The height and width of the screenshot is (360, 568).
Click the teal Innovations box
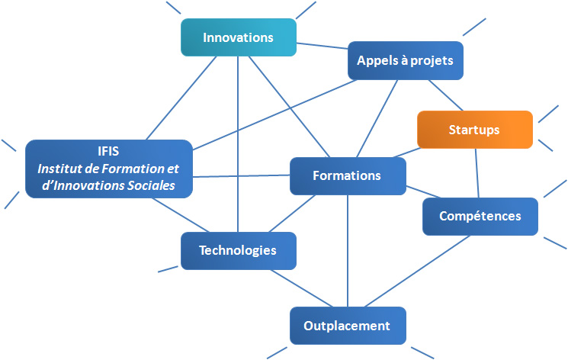coord(238,37)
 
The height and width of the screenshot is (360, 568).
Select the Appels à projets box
coord(405,60)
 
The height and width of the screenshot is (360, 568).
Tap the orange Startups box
coord(474,130)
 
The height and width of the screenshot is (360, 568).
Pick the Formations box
coord(347,175)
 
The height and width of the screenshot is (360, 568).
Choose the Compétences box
coord(480,216)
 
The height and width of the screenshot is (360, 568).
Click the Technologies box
coord(238,250)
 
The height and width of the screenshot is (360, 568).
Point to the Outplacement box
coord(347,326)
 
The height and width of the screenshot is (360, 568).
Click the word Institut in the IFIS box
coord(62,169)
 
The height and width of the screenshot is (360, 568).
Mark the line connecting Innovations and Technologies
coord(238,145)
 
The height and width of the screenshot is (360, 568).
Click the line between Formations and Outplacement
coord(348,252)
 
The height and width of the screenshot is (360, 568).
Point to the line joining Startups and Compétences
coord(477,173)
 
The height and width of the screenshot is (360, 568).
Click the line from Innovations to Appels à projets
coord(322,48)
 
